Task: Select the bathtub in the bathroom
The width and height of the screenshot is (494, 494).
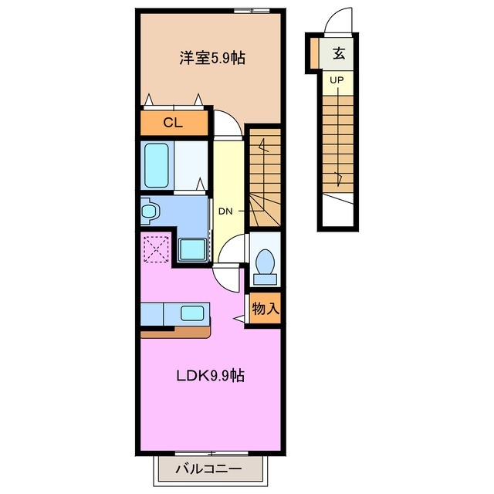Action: (157, 164)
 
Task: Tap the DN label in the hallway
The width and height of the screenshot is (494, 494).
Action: (225, 211)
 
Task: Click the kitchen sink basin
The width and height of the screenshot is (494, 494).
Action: (192, 313)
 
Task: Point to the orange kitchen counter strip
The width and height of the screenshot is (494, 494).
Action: (175, 333)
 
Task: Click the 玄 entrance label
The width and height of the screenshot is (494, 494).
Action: (338, 53)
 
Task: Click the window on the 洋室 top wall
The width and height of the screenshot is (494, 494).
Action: (252, 12)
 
